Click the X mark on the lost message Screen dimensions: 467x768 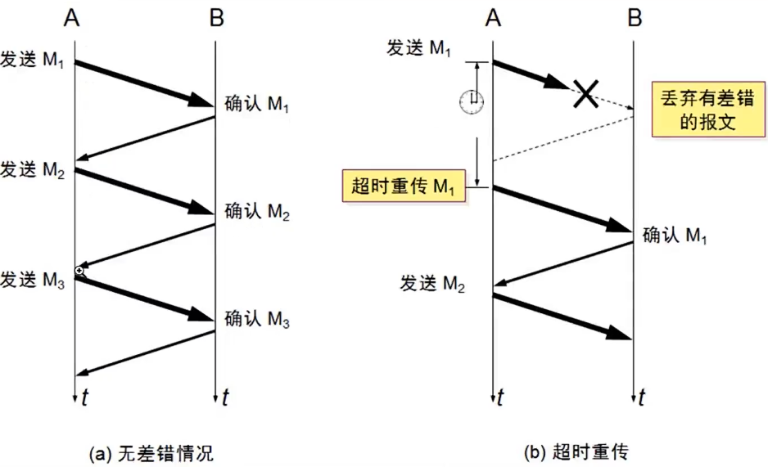584,92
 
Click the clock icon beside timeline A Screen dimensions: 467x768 471,100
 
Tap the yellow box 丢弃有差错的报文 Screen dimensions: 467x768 698,109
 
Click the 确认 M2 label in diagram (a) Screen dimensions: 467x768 256,213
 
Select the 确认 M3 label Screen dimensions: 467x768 256,319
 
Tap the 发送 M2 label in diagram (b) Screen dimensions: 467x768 432,283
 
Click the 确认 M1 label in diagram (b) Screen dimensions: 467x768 674,236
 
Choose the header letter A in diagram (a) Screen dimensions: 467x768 72,18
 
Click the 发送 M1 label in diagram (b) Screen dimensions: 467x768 418,48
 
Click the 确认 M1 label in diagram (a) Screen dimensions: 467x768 256,106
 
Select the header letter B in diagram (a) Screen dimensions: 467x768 215,18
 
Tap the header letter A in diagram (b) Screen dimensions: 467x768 492,18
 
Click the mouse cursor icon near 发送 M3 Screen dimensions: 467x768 79,271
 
